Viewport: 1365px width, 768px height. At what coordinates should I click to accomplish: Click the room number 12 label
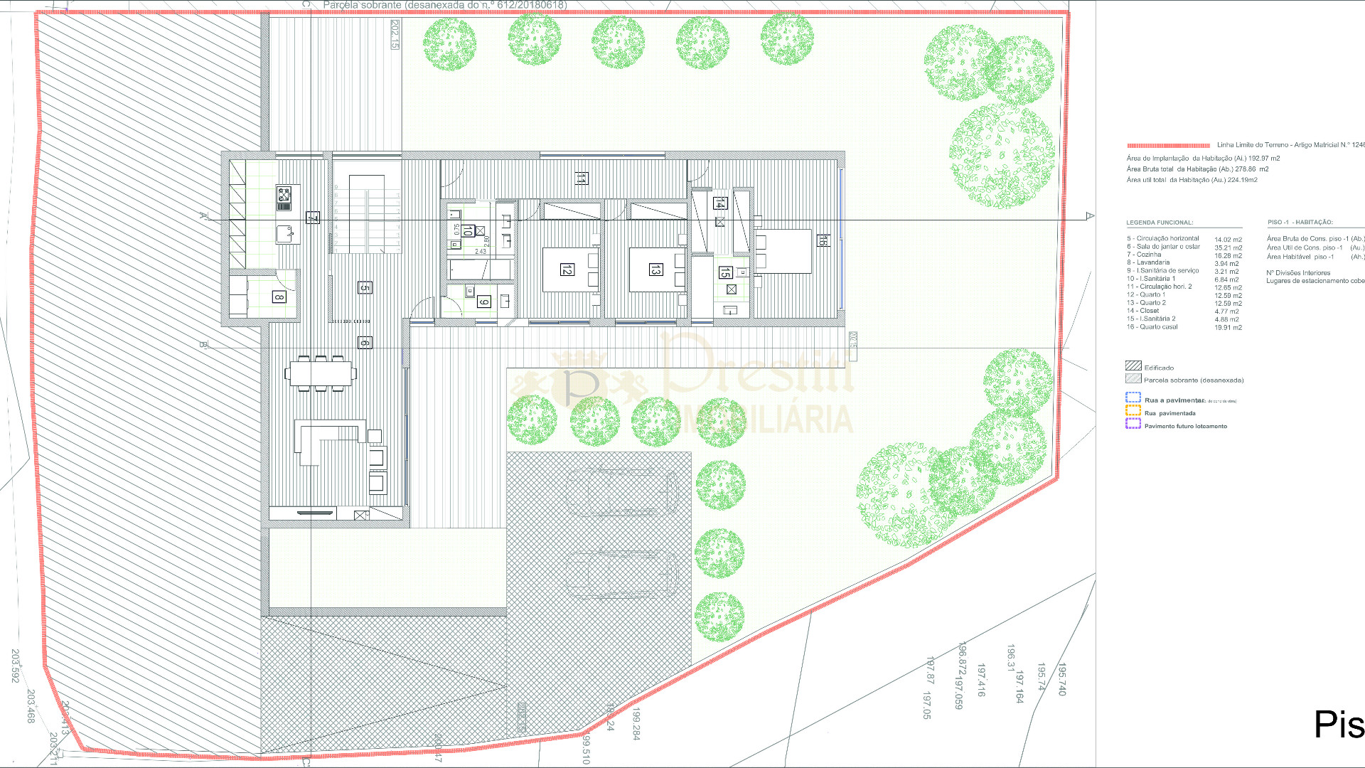coord(567,270)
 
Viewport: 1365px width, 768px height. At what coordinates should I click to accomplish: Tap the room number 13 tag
coord(655,269)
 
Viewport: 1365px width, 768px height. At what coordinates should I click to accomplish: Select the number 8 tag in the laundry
coord(279,297)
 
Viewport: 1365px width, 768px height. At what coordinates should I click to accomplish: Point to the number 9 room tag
coord(483,302)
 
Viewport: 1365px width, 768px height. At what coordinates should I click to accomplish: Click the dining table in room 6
coord(321,373)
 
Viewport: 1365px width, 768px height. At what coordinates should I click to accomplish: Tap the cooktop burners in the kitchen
coord(284,194)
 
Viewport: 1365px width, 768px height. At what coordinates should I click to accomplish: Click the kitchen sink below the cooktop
coord(284,233)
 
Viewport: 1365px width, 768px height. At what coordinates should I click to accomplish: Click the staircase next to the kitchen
coord(367,213)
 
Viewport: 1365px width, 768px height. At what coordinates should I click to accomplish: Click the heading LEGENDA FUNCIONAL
coord(1160,223)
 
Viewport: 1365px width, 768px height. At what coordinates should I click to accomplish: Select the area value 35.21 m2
coord(1228,248)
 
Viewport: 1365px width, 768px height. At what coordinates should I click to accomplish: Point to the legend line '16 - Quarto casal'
coord(1152,327)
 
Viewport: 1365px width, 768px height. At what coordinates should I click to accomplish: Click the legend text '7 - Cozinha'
coord(1144,255)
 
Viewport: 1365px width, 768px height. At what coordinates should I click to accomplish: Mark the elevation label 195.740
coord(1062,679)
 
